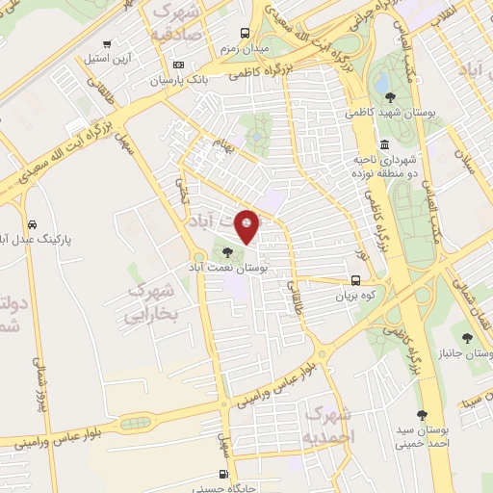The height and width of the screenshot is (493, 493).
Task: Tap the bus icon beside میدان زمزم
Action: (x=245, y=32)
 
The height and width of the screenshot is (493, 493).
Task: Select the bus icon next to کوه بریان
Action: (x=356, y=281)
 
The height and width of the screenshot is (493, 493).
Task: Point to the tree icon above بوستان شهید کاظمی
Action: (x=389, y=96)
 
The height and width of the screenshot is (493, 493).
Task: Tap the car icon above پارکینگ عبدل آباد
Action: (x=33, y=221)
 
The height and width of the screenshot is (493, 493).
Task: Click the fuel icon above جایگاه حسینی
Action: (x=224, y=474)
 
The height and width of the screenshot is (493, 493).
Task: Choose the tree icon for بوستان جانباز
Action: (x=467, y=338)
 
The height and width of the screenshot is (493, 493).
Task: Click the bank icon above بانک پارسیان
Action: (x=177, y=65)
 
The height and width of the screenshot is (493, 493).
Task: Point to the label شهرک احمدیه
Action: (x=328, y=425)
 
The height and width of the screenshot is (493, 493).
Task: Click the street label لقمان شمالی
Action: (x=479, y=300)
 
